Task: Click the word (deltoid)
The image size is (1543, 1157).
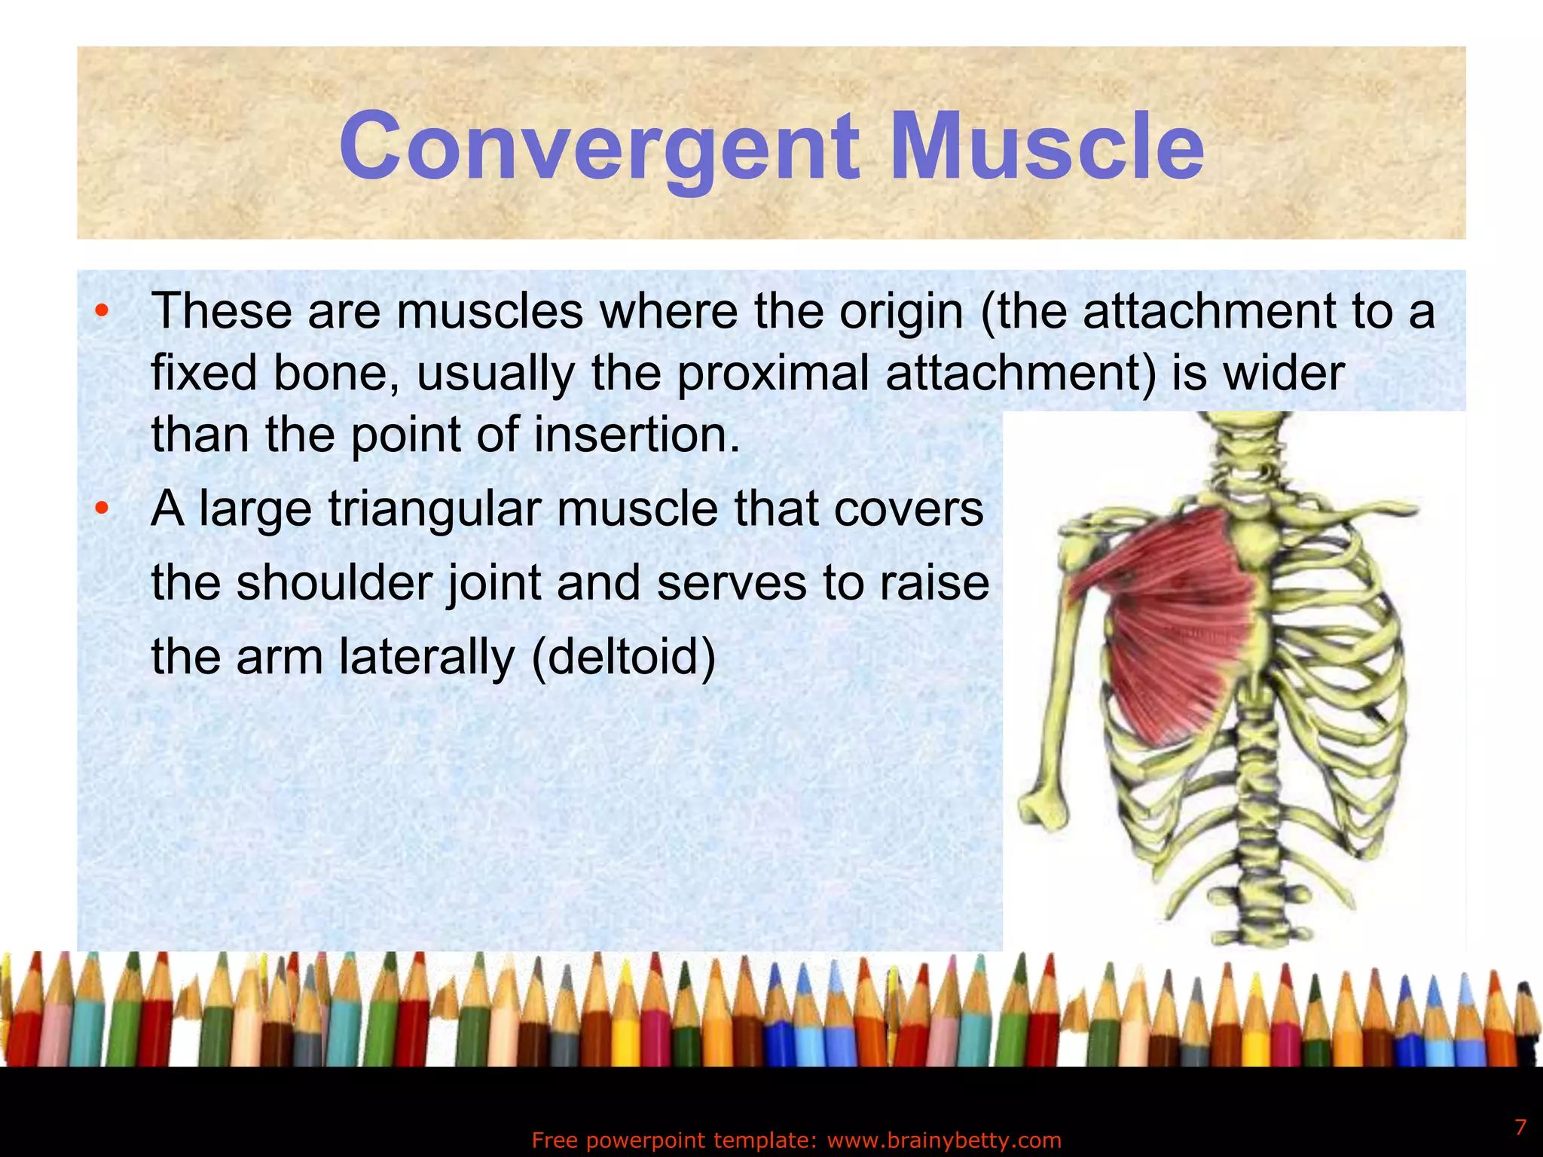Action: pos(624,657)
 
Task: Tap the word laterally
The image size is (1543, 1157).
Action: pos(426,657)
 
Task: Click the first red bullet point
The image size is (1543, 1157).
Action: pos(102,311)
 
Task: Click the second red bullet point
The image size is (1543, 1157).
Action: pos(102,509)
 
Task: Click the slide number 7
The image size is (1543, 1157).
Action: pos(1520,1128)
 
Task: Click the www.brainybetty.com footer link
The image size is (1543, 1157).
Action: pos(944,1140)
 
